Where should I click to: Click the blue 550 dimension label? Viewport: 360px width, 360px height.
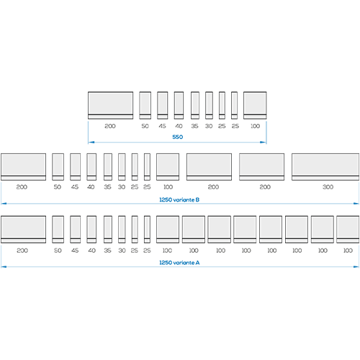(178, 137)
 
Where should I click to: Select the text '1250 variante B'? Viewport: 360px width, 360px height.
(179, 199)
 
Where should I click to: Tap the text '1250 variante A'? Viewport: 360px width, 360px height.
(179, 263)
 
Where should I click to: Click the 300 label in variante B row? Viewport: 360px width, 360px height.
(328, 187)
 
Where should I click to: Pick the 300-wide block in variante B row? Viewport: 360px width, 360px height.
(325, 167)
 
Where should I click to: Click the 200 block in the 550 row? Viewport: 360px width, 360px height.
(110, 105)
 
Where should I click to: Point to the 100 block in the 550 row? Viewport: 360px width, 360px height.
(255, 105)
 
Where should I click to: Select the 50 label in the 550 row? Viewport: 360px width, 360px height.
(145, 126)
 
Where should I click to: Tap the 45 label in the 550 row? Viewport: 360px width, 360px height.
(162, 126)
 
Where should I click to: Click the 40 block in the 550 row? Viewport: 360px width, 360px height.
(179, 105)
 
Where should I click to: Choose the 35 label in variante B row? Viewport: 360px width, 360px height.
(107, 187)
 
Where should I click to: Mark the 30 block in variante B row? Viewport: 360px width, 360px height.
(122, 167)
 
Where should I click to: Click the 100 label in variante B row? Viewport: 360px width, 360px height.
(168, 187)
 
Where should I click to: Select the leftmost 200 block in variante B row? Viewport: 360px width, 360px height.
(23, 167)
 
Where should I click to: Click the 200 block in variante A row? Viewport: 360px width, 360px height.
(23, 230)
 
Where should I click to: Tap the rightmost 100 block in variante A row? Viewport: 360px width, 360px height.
(348, 230)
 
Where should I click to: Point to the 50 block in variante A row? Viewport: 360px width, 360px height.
(58, 230)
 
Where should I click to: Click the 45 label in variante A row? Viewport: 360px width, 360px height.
(75, 251)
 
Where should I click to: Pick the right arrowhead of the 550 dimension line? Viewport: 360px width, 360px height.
(264, 143)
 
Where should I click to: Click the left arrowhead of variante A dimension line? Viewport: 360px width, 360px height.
(4, 266)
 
